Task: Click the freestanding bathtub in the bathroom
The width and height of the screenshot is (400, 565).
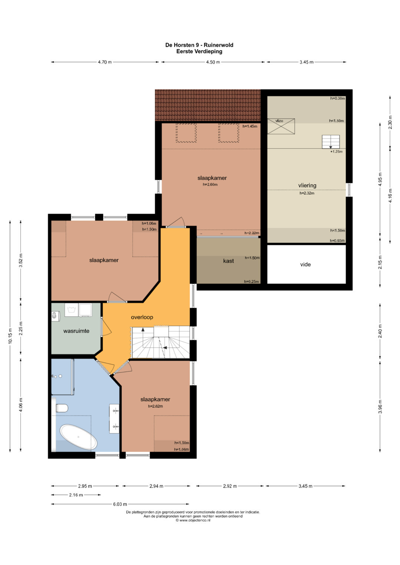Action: tap(78, 437)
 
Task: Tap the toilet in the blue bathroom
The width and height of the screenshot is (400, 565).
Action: tap(62, 408)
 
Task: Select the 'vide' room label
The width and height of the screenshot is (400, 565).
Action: tap(305, 264)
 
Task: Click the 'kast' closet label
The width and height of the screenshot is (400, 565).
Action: tap(228, 261)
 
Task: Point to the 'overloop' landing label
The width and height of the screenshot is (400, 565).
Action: tap(142, 317)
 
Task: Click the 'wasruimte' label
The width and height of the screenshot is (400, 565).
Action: tap(76, 331)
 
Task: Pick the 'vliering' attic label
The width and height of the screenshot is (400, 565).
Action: tap(307, 185)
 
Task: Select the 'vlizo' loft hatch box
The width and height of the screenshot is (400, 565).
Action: tap(281, 126)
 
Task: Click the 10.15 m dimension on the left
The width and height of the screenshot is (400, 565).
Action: tap(10, 336)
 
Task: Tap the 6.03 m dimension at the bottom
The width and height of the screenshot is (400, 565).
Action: tap(120, 504)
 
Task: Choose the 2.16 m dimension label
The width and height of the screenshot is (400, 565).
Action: tap(76, 495)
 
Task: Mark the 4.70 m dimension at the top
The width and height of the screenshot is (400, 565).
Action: tap(105, 62)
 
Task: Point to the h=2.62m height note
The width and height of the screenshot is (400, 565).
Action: tap(155, 406)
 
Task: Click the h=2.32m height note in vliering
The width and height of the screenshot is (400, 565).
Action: tap(307, 193)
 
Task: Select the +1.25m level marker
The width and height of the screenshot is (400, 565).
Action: tap(336, 152)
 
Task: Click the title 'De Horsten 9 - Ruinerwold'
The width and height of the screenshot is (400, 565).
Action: tap(199, 45)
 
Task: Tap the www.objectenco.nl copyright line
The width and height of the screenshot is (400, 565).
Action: tap(193, 520)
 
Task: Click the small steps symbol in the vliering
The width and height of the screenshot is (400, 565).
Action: tap(330, 142)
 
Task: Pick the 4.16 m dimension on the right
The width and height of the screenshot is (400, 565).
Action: tap(390, 195)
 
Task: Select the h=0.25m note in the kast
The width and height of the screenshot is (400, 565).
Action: tap(251, 282)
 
